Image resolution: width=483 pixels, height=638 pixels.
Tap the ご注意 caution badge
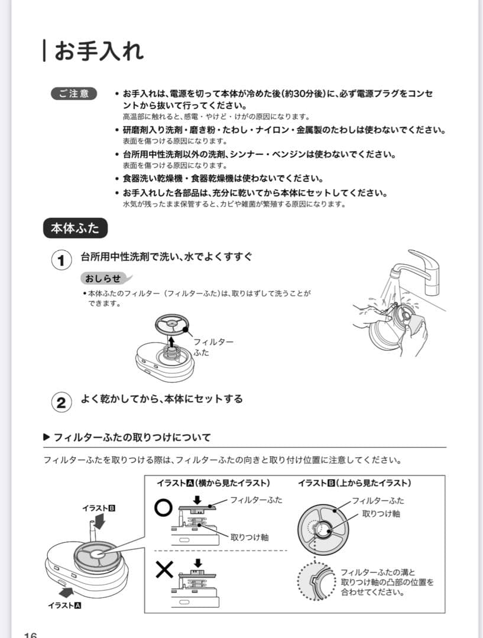click(x=74, y=94)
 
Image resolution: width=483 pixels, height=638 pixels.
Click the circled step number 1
click(x=60, y=261)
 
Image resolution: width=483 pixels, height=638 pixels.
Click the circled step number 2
click(x=60, y=402)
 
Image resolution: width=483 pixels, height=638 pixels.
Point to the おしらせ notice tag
click(x=104, y=278)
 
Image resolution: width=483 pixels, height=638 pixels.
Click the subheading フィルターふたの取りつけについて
click(x=131, y=438)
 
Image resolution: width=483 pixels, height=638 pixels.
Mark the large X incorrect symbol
click(x=164, y=570)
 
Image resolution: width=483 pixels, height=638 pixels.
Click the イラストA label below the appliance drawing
click(x=64, y=606)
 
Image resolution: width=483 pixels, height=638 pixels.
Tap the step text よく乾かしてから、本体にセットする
click(x=161, y=399)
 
